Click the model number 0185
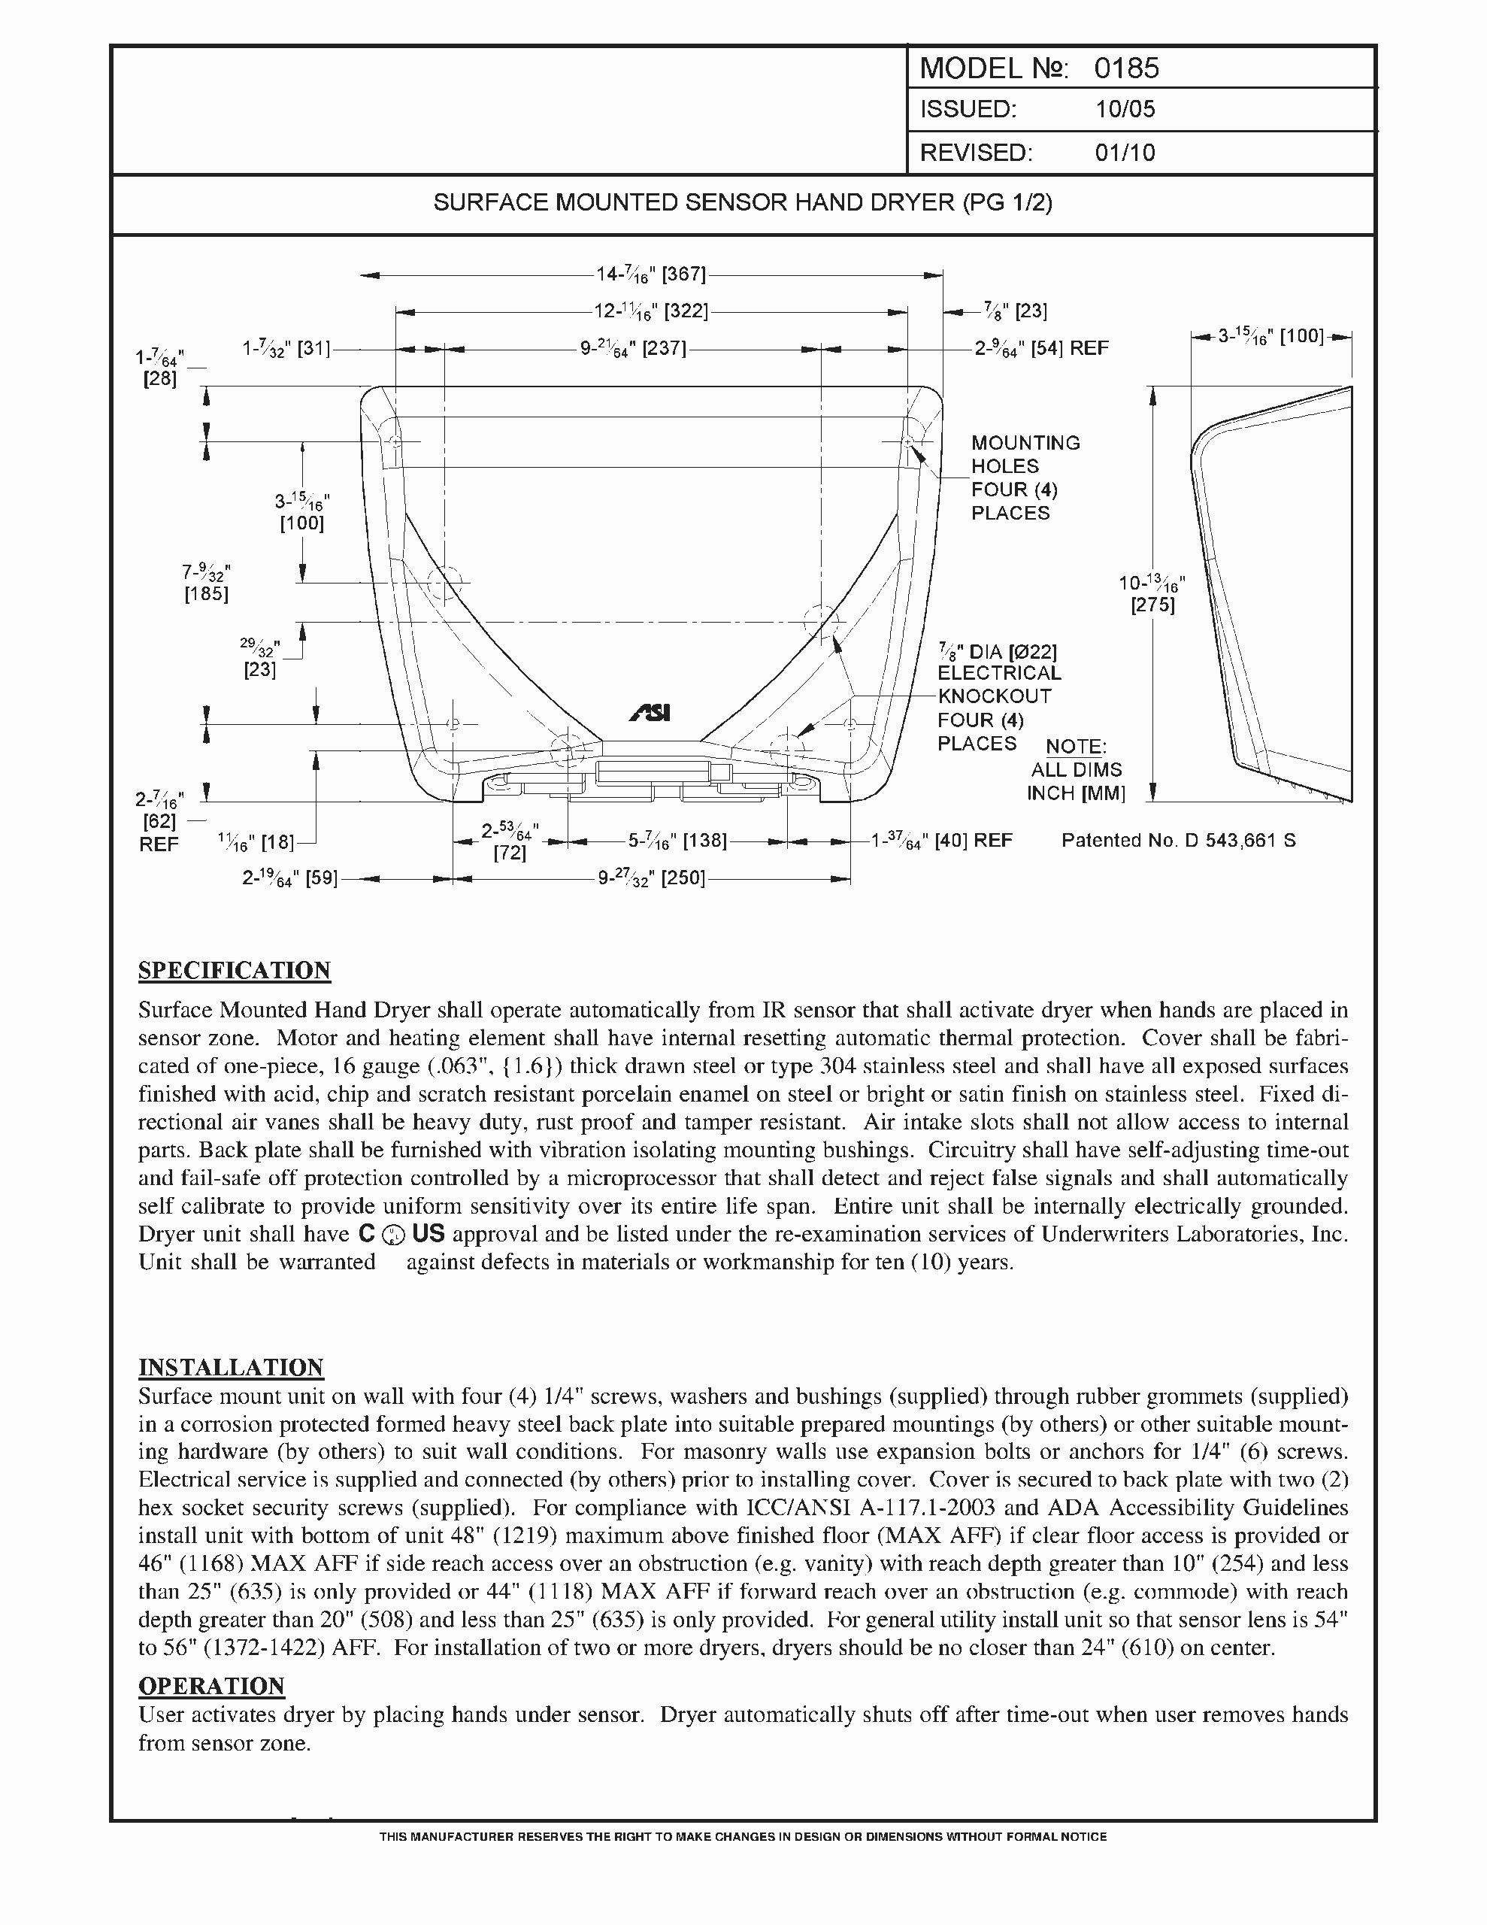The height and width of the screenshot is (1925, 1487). [1126, 68]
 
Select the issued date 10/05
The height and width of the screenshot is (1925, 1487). [1125, 109]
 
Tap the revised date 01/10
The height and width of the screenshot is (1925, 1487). [1125, 153]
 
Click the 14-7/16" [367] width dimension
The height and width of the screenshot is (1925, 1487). [650, 275]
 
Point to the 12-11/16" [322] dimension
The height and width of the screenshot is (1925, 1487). [650, 311]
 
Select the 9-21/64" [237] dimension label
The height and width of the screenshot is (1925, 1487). [633, 348]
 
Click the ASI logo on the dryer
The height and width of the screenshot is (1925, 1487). [650, 713]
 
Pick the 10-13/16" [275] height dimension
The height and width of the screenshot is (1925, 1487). [1152, 593]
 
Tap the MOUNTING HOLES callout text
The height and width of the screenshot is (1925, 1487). [1025, 477]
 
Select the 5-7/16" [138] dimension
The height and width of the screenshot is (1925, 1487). [677, 841]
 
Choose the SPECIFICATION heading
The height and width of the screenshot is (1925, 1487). [235, 971]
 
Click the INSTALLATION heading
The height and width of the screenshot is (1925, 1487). [231, 1367]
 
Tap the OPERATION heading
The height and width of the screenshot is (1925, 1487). [211, 1685]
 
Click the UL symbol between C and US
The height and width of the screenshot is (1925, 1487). [394, 1237]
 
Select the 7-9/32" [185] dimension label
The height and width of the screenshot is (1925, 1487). [206, 584]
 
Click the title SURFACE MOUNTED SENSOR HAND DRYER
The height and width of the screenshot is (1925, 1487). [742, 203]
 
